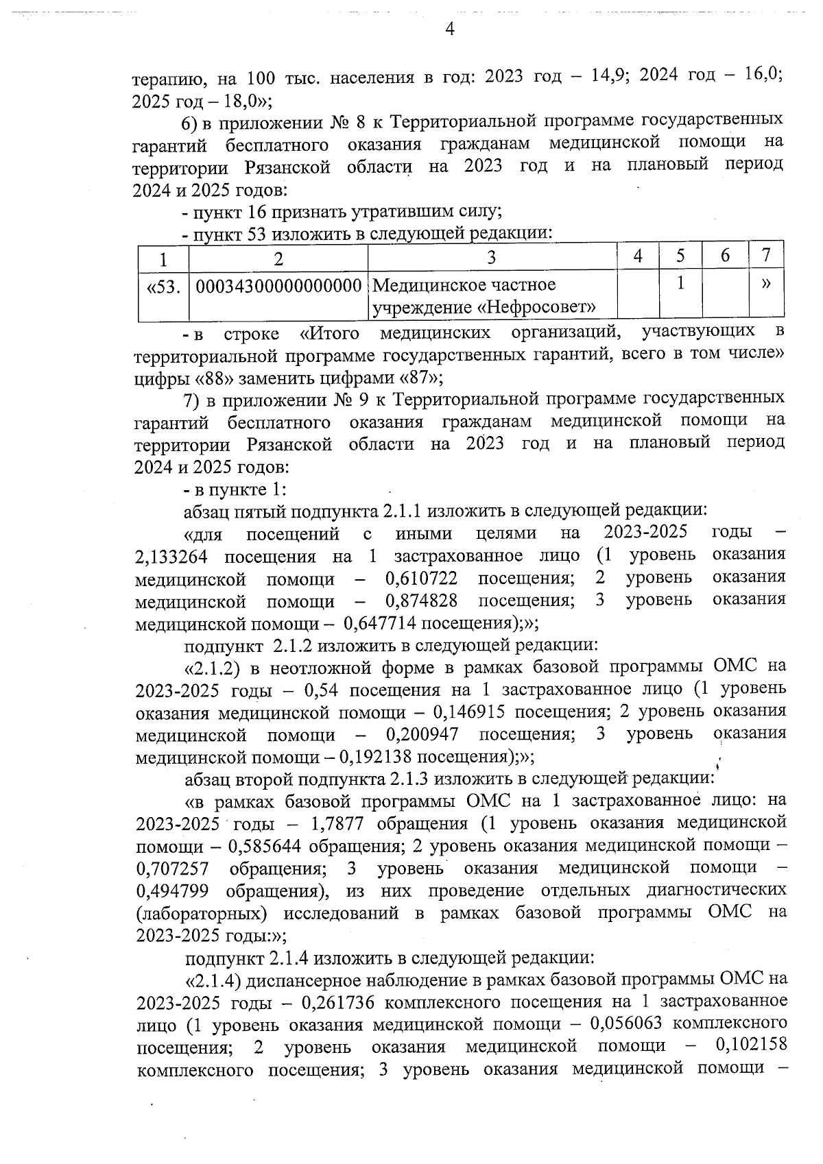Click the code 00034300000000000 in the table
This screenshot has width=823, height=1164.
pyautogui.click(x=278, y=284)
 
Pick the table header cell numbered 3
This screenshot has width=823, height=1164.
pyautogui.click(x=491, y=257)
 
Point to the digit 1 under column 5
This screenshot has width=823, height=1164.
pyautogui.click(x=680, y=282)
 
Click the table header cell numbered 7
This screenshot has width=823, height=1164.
pyautogui.click(x=767, y=256)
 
